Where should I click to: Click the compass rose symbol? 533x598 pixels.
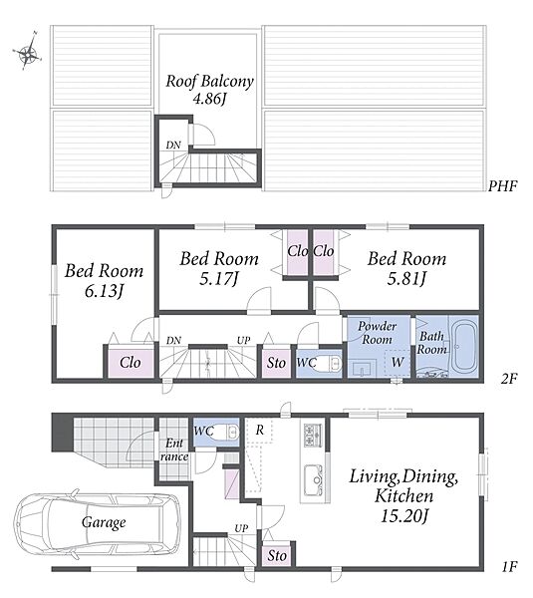28,51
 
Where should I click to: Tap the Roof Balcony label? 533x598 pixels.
209,82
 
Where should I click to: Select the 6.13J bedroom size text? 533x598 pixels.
104,292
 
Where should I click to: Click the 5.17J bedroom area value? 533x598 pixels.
219,279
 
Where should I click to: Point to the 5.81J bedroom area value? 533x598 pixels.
406,279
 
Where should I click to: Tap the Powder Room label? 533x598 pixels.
377,333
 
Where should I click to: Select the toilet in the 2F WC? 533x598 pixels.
328,364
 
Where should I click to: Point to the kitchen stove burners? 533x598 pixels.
313,435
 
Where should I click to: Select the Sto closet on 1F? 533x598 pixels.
277,556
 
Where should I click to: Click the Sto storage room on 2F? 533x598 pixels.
276,363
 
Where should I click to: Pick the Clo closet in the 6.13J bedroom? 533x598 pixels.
131,363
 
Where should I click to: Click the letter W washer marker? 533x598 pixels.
398,362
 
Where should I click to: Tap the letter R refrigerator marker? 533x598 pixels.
260,431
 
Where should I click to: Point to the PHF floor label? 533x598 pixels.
503,186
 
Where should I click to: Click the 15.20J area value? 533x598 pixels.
404,515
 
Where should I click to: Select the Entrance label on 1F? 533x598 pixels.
174,450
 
